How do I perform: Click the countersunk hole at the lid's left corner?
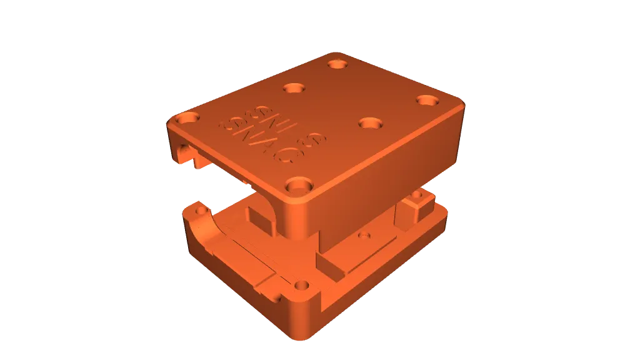click(186, 117)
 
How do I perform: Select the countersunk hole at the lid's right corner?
click(427, 100)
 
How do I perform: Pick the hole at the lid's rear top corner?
click(338, 64)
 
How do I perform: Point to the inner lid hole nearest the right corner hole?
click(371, 122)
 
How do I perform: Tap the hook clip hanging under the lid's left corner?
click(187, 154)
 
